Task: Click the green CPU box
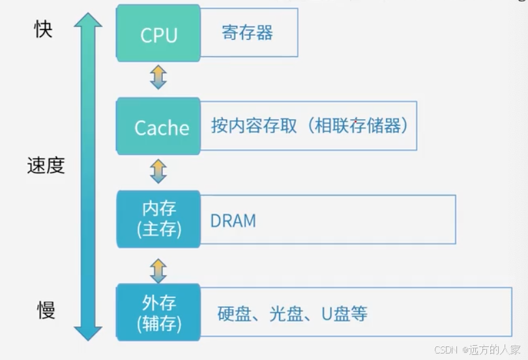click(x=158, y=34)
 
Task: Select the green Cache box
click(x=158, y=126)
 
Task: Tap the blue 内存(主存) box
click(x=158, y=219)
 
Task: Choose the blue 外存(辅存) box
click(x=158, y=312)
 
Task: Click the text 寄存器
click(x=247, y=33)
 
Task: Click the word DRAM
click(x=233, y=220)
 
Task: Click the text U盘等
click(x=344, y=314)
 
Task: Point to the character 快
click(x=43, y=29)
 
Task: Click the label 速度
click(x=46, y=166)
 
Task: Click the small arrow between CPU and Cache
click(x=158, y=76)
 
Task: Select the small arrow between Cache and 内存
click(x=158, y=171)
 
